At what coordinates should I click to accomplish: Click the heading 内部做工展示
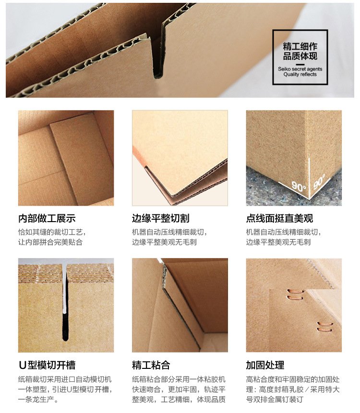click(x=47, y=218)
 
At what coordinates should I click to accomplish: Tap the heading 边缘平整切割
click(x=160, y=218)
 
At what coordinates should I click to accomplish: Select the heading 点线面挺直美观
click(x=279, y=218)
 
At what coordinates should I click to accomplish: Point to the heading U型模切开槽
click(x=47, y=365)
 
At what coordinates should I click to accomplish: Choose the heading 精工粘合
click(x=151, y=365)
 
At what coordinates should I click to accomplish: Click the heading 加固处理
click(x=265, y=365)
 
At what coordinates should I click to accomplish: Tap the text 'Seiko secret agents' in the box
click(x=300, y=69)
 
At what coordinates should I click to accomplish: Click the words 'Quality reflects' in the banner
click(x=300, y=74)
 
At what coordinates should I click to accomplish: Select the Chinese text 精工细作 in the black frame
click(x=300, y=47)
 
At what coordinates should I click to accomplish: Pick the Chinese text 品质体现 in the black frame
click(x=300, y=56)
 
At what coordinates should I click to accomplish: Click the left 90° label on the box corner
click(x=299, y=186)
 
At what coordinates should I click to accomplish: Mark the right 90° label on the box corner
click(x=319, y=181)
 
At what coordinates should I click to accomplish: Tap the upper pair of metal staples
click(x=295, y=295)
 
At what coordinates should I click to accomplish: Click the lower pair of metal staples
click(x=324, y=326)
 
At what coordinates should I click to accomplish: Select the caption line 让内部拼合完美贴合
click(x=50, y=242)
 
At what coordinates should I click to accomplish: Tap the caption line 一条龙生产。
click(x=38, y=399)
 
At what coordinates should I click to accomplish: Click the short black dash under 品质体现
click(x=300, y=64)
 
